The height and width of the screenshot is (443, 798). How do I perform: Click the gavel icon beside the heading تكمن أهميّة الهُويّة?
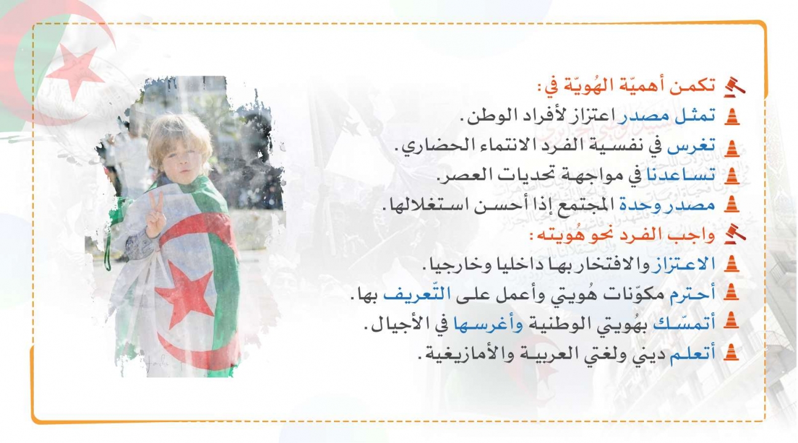[735, 87]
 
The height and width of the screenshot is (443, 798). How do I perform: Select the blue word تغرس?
[691, 146]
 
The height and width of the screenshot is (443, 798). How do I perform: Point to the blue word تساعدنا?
[680, 175]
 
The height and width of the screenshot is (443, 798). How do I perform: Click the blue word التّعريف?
[416, 294]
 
